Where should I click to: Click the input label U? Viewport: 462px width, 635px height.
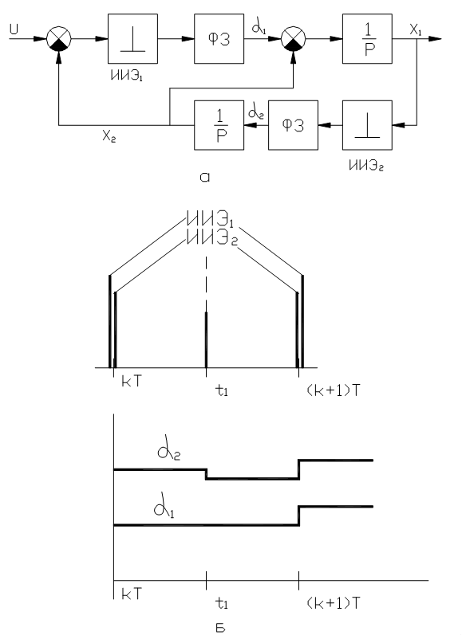click(x=14, y=29)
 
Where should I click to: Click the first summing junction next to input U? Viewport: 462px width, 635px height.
click(x=59, y=39)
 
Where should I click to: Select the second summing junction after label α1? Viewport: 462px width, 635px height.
click(x=294, y=39)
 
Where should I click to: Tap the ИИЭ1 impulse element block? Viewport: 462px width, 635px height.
click(x=132, y=39)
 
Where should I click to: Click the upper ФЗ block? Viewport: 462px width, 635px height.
click(x=219, y=39)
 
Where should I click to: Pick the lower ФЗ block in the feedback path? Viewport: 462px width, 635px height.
click(x=294, y=125)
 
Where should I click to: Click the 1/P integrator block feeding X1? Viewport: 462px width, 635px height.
click(x=367, y=39)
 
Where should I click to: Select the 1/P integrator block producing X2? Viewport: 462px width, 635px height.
click(x=219, y=125)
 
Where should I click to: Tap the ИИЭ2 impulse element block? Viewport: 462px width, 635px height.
click(x=367, y=125)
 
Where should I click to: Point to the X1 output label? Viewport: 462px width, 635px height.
click(x=416, y=30)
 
